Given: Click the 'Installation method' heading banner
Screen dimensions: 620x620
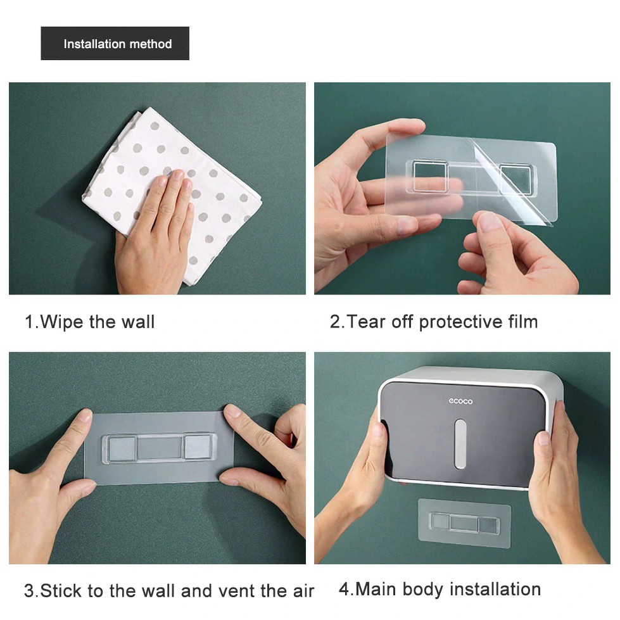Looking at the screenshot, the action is (x=115, y=44).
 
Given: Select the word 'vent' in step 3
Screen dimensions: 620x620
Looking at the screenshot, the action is (x=236, y=591).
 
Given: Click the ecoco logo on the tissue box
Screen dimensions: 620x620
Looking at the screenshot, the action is (x=460, y=402).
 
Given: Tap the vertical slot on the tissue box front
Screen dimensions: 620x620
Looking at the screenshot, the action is (x=460, y=444).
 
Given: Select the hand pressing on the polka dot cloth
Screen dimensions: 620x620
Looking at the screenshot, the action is (x=155, y=233).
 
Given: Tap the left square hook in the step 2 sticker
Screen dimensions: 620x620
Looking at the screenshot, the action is (x=430, y=176).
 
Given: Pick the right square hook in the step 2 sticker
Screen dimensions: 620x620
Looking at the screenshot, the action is (x=516, y=179).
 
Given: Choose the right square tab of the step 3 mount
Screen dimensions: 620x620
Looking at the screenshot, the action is (x=198, y=447).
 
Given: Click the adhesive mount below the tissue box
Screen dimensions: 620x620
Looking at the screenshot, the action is (x=465, y=524).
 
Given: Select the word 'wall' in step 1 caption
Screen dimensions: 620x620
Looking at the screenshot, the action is (x=137, y=322).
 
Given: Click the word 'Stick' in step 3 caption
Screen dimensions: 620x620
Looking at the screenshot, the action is (x=61, y=591).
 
